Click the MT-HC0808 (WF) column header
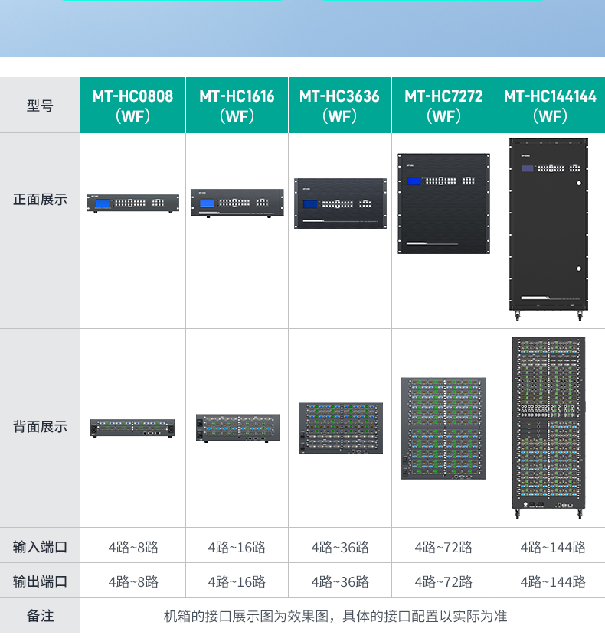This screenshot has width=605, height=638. tap(132, 106)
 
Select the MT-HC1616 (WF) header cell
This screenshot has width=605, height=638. tap(237, 106)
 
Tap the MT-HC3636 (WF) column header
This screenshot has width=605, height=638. tap(340, 106)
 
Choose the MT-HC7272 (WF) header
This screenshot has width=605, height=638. tap(443, 106)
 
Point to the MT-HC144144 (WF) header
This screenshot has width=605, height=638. tap(550, 106)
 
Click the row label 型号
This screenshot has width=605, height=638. tap(40, 106)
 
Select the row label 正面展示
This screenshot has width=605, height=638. tap(40, 200)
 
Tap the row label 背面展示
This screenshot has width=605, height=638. tap(40, 427)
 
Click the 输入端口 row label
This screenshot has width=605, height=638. tap(40, 546)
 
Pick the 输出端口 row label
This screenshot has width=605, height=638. tap(40, 581)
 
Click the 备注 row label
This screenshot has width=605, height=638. tap(40, 616)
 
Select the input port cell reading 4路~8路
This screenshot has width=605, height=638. tap(133, 547)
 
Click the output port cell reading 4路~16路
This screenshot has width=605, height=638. tap(237, 582)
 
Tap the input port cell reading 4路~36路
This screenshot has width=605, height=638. tap(340, 547)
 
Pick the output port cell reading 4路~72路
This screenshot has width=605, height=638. tap(443, 582)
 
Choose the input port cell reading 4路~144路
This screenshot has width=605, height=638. tap(553, 547)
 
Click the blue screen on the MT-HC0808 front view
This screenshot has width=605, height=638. tap(103, 203)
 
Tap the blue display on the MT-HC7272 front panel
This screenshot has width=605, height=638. tap(414, 181)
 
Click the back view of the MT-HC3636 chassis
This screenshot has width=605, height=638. tap(341, 428)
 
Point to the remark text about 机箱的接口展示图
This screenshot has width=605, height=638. tap(335, 616)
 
